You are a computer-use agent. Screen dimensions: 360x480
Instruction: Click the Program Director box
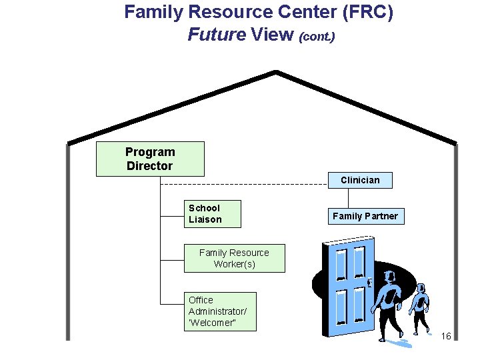(150, 159)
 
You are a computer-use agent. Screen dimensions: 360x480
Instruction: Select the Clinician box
(360, 180)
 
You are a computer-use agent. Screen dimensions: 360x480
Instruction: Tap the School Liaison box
(213, 213)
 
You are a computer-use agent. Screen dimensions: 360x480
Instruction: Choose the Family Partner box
(365, 216)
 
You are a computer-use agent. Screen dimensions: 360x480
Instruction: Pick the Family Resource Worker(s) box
(234, 258)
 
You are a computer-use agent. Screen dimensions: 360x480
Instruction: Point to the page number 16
(446, 335)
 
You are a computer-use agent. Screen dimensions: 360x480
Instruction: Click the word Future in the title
(217, 34)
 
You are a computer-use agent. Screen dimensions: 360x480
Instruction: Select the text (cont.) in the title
(317, 36)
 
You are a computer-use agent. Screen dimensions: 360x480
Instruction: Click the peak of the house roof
(276, 72)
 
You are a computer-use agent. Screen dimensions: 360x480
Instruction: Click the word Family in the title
(157, 12)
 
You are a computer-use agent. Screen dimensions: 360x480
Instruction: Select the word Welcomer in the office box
(213, 323)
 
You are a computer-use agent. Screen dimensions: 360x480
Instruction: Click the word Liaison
(205, 219)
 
